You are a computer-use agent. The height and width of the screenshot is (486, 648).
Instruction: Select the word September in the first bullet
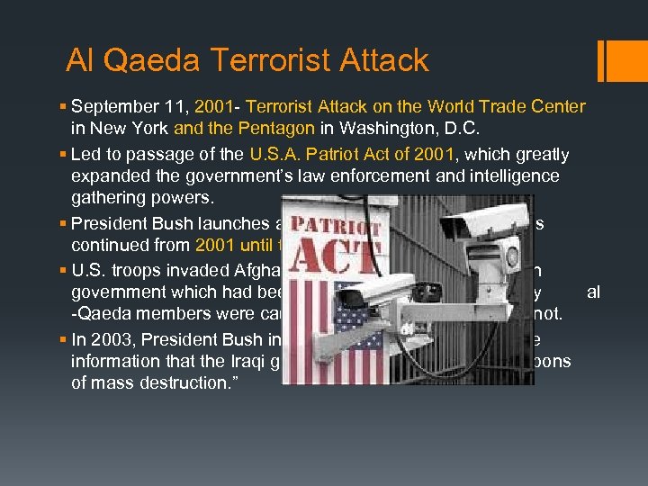click(x=111, y=107)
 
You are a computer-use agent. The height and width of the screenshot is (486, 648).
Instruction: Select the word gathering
click(x=110, y=197)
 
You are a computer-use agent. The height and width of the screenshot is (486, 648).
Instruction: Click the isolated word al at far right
click(x=593, y=292)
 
